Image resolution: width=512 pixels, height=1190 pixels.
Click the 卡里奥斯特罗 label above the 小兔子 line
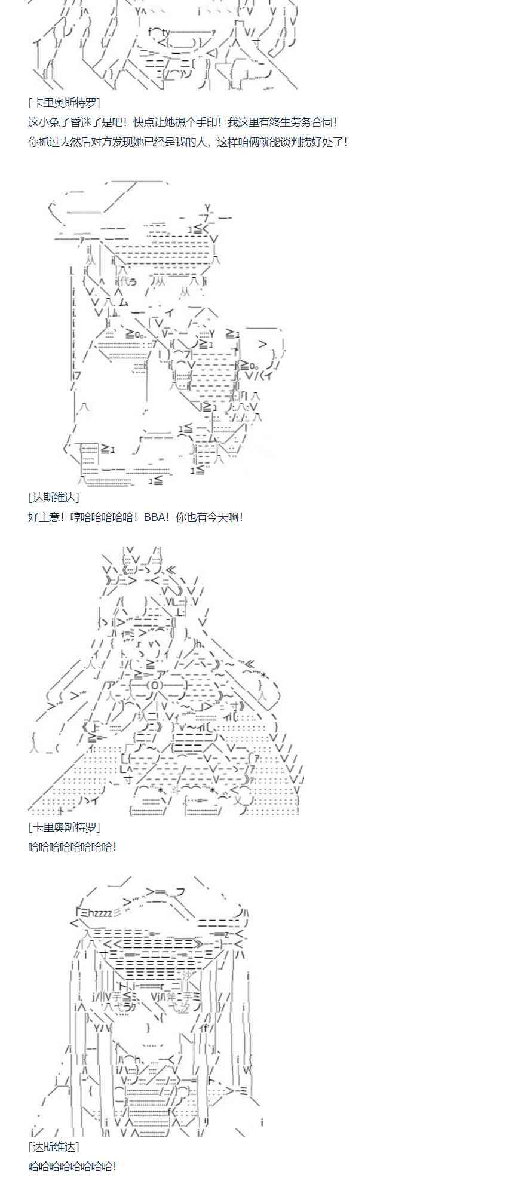(65, 103)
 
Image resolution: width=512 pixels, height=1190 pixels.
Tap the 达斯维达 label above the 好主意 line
(54, 498)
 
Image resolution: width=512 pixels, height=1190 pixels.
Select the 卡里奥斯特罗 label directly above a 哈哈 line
(65, 827)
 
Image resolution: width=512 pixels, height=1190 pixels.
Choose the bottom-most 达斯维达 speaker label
(54, 1147)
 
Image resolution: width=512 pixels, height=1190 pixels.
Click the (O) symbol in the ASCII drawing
(153, 685)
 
